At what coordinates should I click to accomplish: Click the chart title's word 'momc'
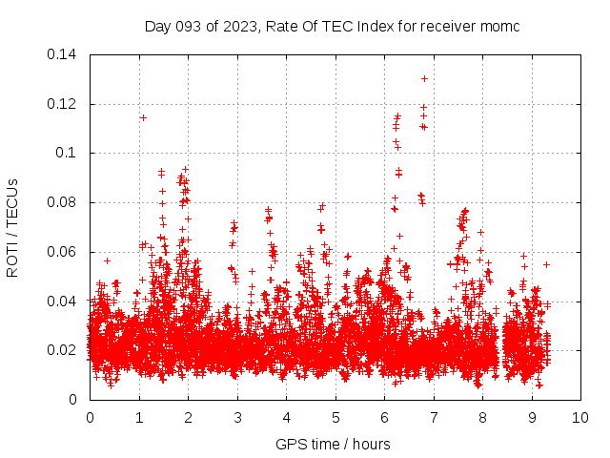pos(499,26)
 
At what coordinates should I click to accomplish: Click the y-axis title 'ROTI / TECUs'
pos(12,227)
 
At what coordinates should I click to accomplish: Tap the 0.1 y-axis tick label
pos(69,153)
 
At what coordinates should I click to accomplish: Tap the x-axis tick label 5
pos(335,418)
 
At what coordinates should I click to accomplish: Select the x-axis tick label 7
pos(434,418)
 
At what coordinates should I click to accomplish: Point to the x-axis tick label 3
pos(237,418)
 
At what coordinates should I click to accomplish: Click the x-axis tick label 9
pos(532,418)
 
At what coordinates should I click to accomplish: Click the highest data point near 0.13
pos(424,78)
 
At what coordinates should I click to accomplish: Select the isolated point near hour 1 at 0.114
pos(143,117)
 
